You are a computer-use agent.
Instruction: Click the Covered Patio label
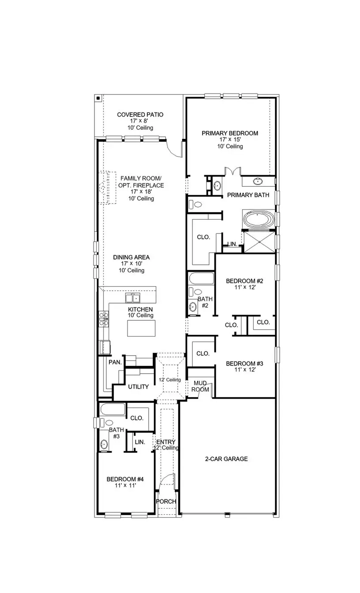click(140, 115)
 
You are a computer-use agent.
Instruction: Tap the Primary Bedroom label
click(230, 133)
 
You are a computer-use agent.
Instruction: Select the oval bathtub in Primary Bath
click(259, 220)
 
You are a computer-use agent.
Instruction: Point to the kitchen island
click(141, 328)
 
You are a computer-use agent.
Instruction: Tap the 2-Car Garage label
click(226, 459)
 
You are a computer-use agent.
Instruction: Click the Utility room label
click(139, 387)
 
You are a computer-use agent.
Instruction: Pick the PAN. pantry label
click(115, 362)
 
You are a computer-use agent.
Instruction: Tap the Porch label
click(166, 502)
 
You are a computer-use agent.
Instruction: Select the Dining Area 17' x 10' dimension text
click(131, 264)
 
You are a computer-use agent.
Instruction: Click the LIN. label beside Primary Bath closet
click(232, 244)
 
